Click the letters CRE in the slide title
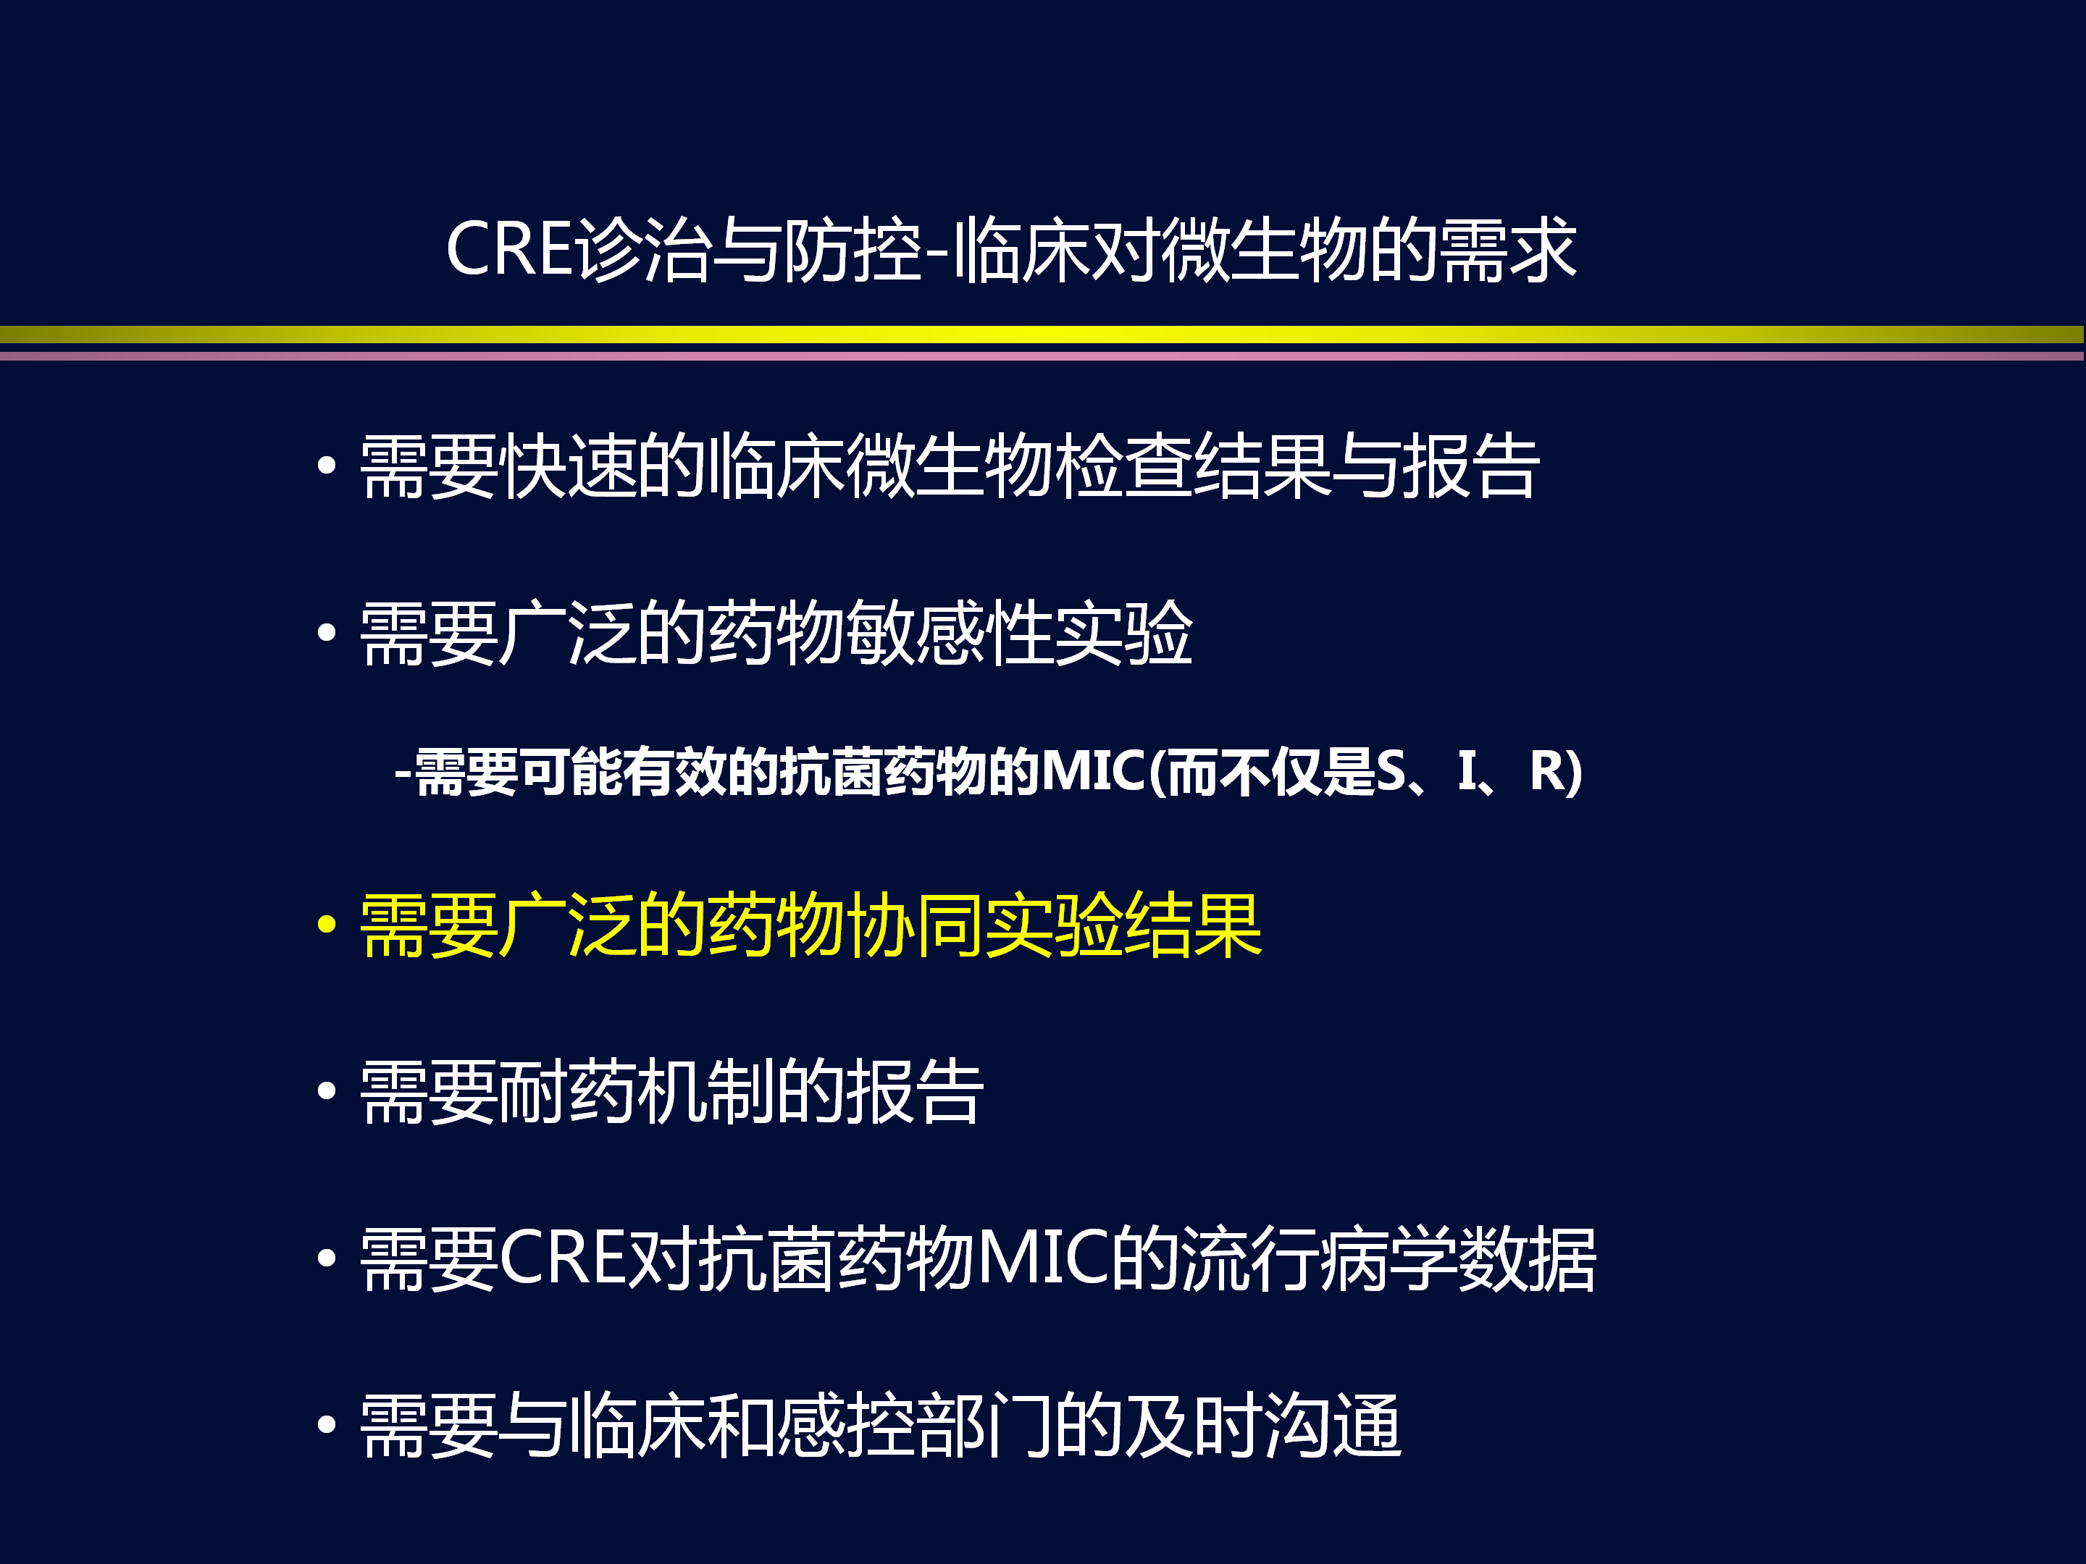coord(509,250)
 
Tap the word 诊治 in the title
coord(643,250)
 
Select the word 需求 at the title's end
coord(1508,250)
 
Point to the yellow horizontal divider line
coord(1042,334)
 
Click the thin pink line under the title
coord(1042,356)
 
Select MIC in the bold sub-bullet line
coord(1093,771)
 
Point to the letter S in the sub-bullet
coord(1391,771)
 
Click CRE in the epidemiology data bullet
coord(563,1258)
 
